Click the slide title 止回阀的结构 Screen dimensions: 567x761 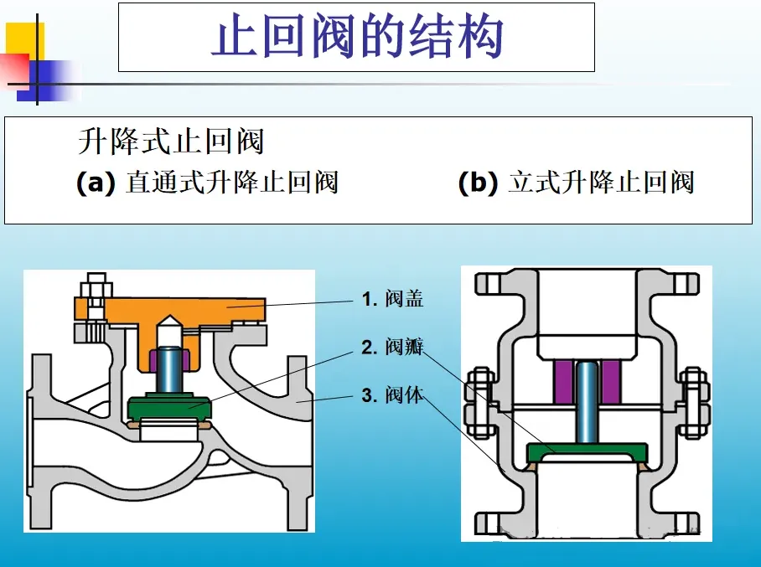coord(356,38)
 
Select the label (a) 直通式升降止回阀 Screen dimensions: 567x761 coord(206,182)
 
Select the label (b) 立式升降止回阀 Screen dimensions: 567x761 coord(576,182)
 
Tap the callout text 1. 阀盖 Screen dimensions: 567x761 coord(392,299)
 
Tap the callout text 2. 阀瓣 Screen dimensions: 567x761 coord(392,348)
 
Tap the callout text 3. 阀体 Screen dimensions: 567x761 coord(392,394)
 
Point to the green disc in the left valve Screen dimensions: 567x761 coord(170,409)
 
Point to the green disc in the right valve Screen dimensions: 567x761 coord(586,451)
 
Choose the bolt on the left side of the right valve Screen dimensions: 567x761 coord(479,402)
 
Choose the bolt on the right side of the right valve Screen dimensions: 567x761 coord(693,402)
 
